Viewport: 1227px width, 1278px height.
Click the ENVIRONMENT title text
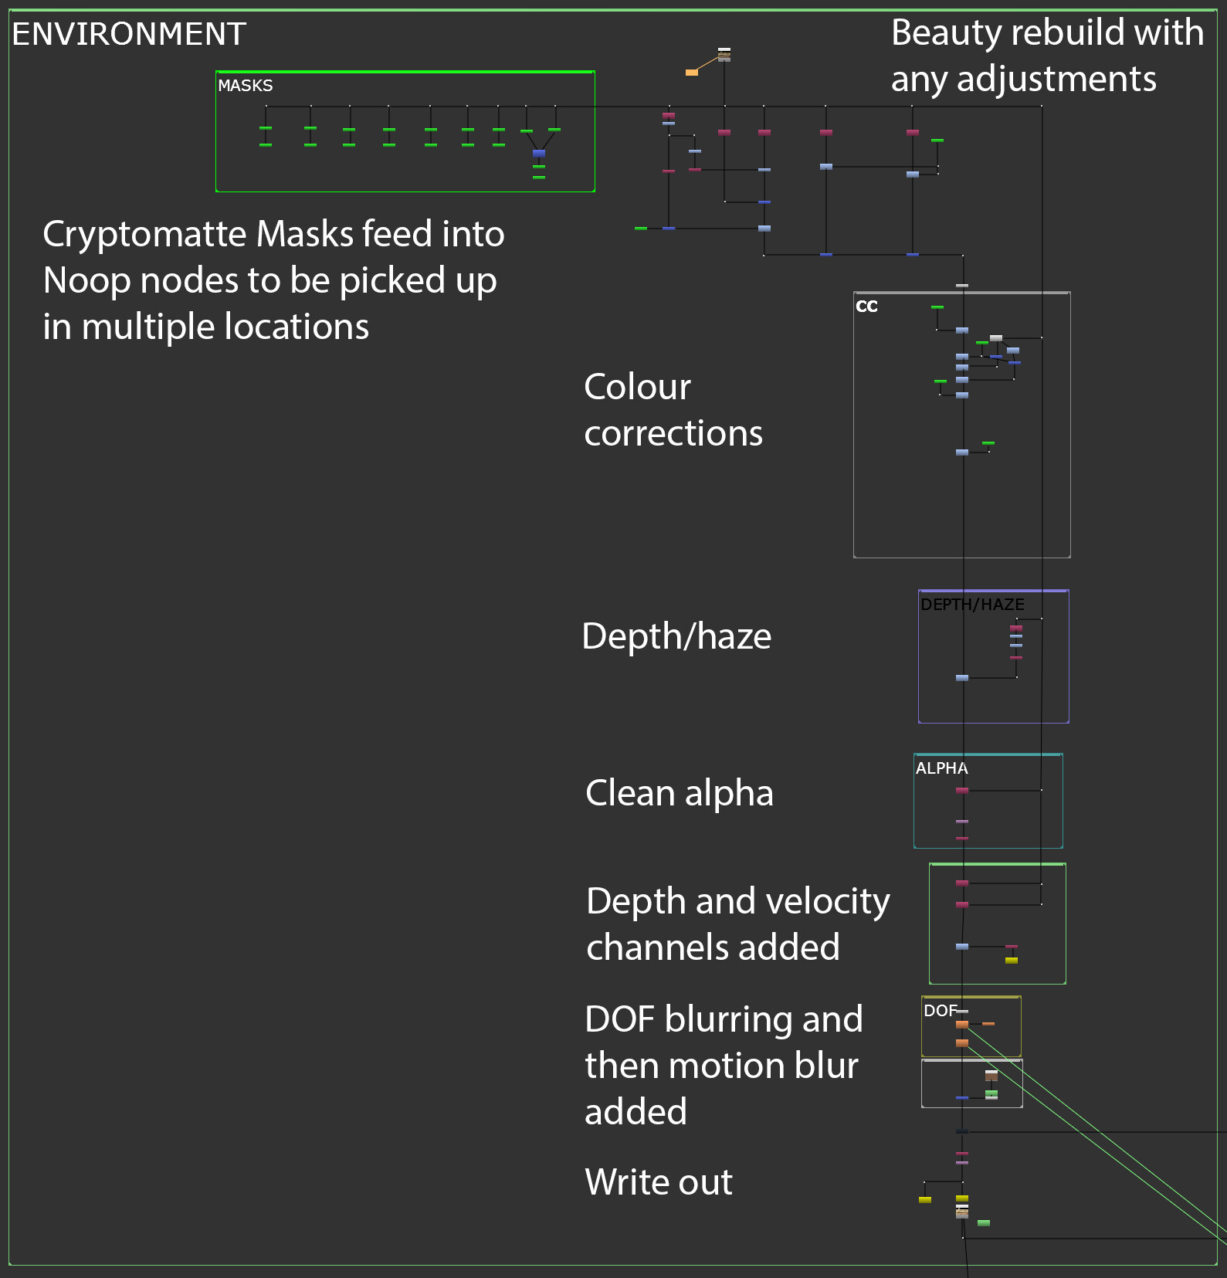point(129,34)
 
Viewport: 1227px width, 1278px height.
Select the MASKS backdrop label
point(245,85)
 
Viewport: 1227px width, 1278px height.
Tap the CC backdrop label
point(866,307)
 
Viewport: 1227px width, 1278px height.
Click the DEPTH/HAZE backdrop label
point(972,605)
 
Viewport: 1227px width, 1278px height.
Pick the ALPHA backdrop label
point(941,768)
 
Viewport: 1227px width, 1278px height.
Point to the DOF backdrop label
point(940,1011)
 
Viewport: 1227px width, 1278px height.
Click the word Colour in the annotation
point(637,387)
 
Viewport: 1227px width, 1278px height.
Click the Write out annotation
point(658,1181)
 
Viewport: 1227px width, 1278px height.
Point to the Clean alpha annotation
point(679,793)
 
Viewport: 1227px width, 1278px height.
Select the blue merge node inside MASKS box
point(539,154)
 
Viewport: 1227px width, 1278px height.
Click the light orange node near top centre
point(692,73)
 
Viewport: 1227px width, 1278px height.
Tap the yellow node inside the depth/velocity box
point(1012,961)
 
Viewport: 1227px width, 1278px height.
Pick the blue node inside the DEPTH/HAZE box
point(962,678)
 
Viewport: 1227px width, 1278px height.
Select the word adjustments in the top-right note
point(1056,79)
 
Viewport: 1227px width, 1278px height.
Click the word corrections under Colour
point(673,434)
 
